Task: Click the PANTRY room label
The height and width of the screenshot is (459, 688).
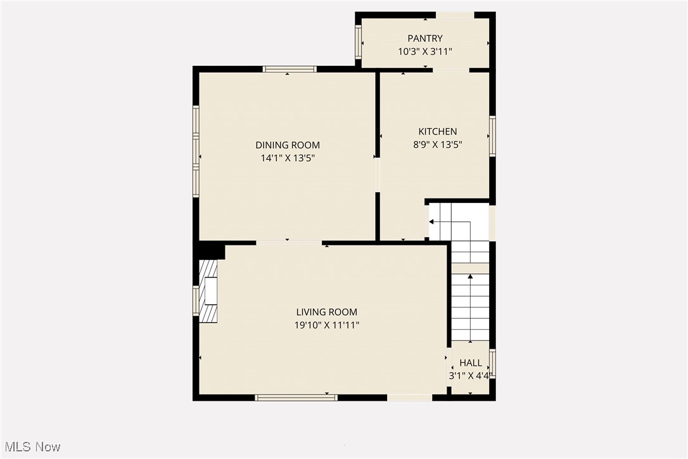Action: point(425,39)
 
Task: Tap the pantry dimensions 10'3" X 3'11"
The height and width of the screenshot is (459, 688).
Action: point(425,52)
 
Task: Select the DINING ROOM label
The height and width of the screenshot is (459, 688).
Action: point(288,145)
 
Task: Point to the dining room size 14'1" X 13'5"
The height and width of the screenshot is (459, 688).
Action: point(288,158)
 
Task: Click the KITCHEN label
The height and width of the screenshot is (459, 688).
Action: point(437,131)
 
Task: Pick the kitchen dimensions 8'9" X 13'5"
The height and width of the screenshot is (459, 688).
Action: point(437,145)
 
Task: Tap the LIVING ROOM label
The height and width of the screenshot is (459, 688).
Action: point(327,312)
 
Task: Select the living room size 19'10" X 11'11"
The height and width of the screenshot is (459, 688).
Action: point(327,325)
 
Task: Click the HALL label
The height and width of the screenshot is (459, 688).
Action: point(471,363)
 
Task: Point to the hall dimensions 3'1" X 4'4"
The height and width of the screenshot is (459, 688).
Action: point(469,375)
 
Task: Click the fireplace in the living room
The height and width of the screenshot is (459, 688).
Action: point(209,292)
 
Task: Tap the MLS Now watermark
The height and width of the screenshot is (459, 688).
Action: point(31,447)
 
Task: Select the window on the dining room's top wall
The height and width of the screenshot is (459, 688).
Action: point(290,69)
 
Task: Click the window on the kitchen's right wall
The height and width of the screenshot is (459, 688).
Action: point(492,136)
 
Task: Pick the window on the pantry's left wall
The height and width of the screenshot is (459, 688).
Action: point(358,42)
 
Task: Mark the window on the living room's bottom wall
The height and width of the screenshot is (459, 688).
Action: point(296,398)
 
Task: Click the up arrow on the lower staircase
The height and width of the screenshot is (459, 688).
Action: point(470,277)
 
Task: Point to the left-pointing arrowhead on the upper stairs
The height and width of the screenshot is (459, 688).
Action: point(431,222)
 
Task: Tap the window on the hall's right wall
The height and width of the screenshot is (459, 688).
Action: point(492,364)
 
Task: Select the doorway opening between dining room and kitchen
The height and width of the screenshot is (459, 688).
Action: point(377,174)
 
